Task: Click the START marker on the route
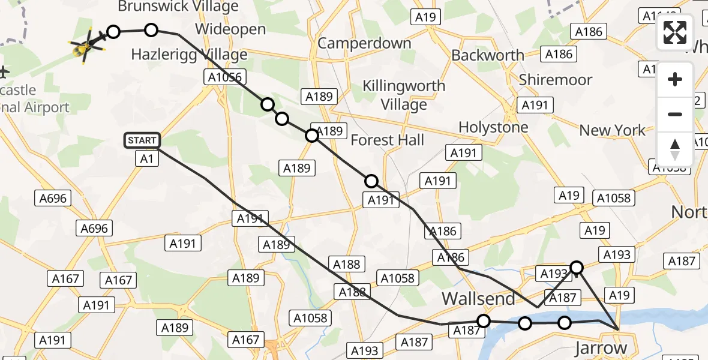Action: point(142,140)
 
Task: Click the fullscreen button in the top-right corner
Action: point(675,32)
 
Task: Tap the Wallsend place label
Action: point(478,298)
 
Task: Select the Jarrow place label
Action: point(601,347)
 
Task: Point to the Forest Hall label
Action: point(387,140)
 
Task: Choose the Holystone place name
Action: point(493,127)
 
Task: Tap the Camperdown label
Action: point(364,43)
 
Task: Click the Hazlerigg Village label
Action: point(189,55)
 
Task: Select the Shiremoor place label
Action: point(556,80)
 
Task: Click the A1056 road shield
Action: point(226,77)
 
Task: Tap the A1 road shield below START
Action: point(146,158)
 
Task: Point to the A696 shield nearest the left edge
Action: point(53,199)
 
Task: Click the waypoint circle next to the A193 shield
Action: point(577,267)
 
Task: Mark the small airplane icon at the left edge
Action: point(4,73)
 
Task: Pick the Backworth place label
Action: point(487,55)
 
